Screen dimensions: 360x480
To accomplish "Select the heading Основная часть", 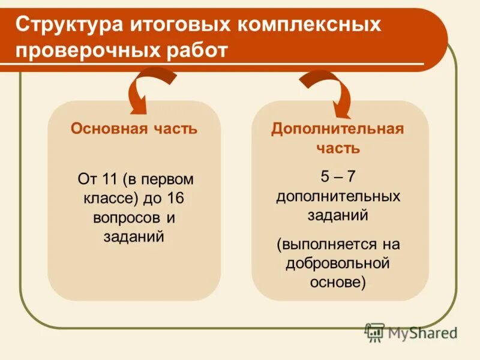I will (134, 129).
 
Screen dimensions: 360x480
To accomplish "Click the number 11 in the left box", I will (108, 179).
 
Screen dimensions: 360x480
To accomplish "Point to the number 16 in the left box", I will (178, 198).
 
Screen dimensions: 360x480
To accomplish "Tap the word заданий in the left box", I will (134, 236).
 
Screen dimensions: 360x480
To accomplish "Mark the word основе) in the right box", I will (338, 283).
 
